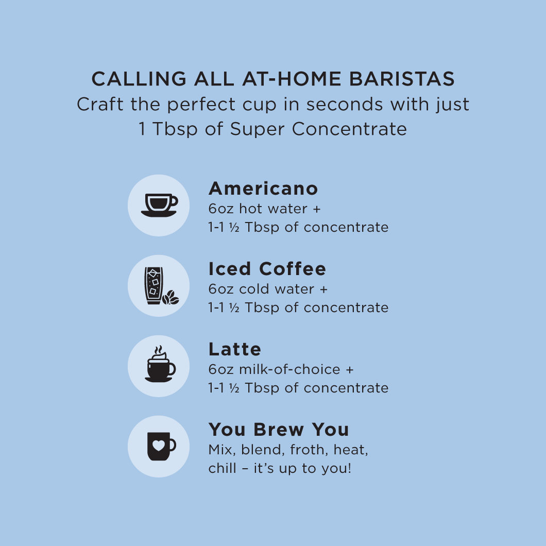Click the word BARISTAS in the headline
coord(402,79)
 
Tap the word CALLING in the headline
coord(139,79)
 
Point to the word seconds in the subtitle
coord(345,104)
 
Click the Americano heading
coord(263,189)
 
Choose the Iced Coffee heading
coord(267,269)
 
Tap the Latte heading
coord(235,349)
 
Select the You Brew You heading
coord(279,430)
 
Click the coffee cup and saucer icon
coord(159,205)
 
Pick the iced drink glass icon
coord(153,285)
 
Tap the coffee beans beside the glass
coord(170,297)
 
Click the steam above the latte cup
coord(159,350)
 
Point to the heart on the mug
coord(159,445)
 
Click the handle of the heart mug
coord(173,445)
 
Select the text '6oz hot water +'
coord(264,209)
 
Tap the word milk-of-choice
coord(289,369)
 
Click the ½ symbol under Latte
coord(234,388)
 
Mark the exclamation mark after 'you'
coord(349,468)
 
